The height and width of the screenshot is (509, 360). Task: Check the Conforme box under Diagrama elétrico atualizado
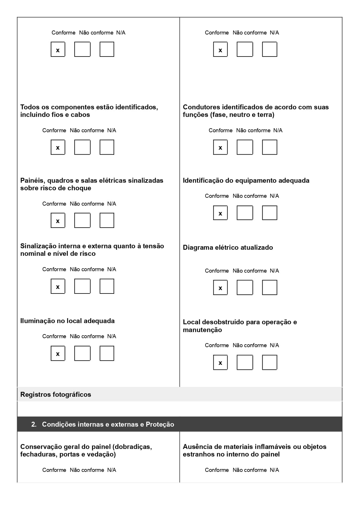point(220,287)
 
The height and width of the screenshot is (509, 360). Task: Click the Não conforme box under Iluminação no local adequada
point(82,353)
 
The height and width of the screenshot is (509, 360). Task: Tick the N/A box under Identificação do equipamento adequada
point(270,213)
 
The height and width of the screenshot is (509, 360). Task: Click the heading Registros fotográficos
point(56,394)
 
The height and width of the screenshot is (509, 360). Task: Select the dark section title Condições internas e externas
point(108,424)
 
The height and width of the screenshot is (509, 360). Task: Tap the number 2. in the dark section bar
point(34,424)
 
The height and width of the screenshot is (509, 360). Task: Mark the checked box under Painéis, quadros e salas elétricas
point(58,220)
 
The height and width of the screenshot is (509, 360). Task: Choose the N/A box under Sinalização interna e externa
point(107,286)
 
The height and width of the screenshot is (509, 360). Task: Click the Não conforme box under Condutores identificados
point(245,147)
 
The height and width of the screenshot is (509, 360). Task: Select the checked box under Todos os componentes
point(58,147)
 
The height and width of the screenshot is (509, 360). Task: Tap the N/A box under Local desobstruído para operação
point(270,363)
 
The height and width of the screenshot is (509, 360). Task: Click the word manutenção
point(202,330)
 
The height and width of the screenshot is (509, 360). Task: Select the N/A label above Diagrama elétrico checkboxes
point(274,271)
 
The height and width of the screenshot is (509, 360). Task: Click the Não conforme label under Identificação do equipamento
point(250,196)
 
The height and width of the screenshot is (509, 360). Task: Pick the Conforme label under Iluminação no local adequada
point(54,336)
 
